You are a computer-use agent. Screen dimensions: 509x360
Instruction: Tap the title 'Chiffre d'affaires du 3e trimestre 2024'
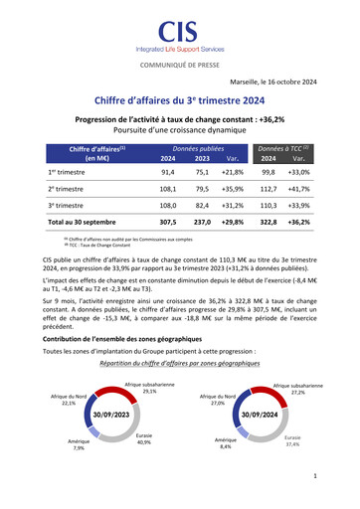pyautogui.click(x=180, y=100)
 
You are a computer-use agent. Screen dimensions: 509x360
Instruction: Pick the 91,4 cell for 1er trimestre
pyautogui.click(x=168, y=172)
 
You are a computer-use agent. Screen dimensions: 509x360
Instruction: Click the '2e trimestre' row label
pyautogui.click(x=67, y=187)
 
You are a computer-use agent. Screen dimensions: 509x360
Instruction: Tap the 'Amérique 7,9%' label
pyautogui.click(x=79, y=443)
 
